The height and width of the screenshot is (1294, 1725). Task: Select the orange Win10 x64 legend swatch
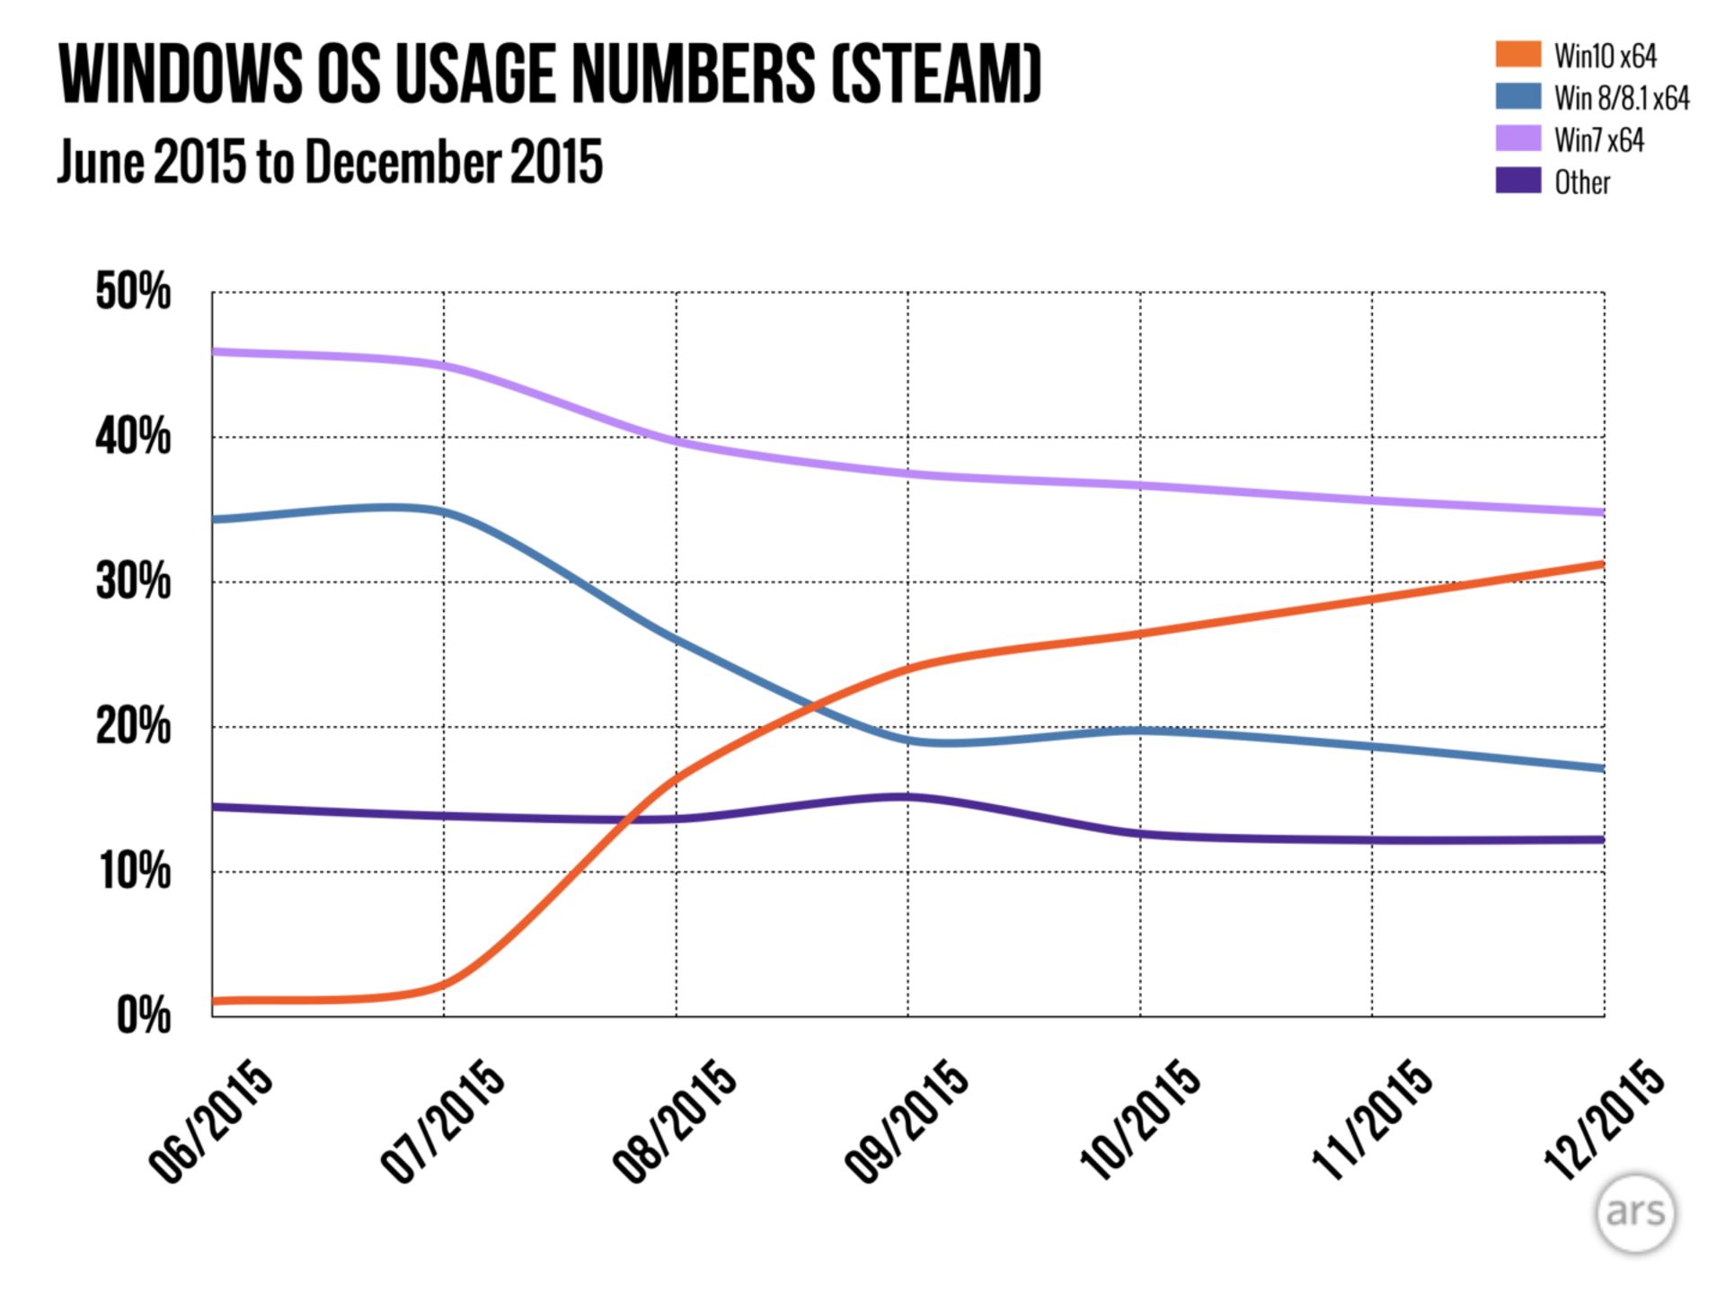click(x=1517, y=55)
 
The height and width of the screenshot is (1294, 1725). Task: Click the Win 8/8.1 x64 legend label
click(x=1622, y=98)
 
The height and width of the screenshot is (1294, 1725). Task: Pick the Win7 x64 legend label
click(x=1599, y=140)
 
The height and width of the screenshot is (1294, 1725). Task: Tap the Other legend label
click(x=1582, y=182)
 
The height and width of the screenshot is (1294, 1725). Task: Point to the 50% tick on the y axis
click(x=133, y=292)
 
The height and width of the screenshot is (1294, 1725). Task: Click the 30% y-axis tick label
click(x=133, y=582)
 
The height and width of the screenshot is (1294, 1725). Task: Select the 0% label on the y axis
click(x=144, y=1016)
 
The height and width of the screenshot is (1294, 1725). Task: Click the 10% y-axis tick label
click(x=135, y=872)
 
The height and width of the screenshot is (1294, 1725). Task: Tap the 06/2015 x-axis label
click(x=212, y=1123)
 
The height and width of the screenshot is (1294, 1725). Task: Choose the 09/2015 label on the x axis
click(x=907, y=1123)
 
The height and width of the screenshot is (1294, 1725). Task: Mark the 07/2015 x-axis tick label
click(x=444, y=1123)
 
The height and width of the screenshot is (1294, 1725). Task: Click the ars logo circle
click(x=1635, y=1213)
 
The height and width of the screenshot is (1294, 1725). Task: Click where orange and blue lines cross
click(x=816, y=704)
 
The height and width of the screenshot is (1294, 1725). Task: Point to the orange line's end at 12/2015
click(x=1602, y=564)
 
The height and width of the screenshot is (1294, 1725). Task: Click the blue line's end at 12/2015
click(x=1602, y=768)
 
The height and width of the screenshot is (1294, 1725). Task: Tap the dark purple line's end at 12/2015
click(x=1602, y=839)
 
